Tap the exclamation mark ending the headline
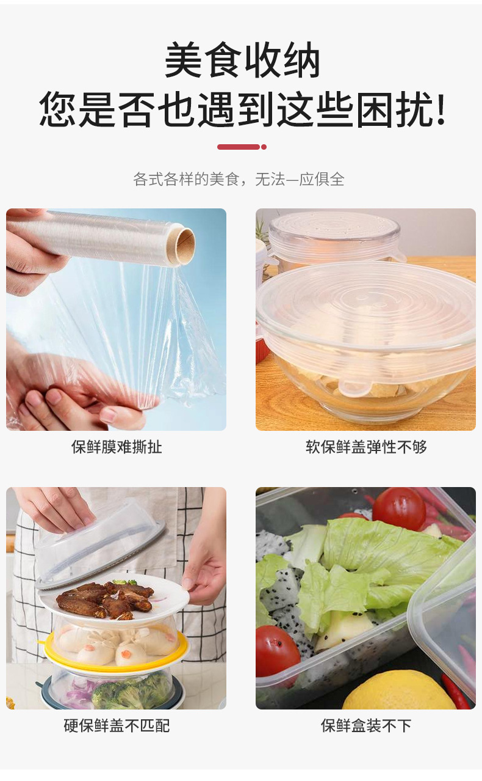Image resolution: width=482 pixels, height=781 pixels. pyautogui.click(x=441, y=109)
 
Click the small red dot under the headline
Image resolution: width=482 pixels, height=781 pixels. pyautogui.click(x=264, y=147)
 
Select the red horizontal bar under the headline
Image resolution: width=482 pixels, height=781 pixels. pyautogui.click(x=239, y=147)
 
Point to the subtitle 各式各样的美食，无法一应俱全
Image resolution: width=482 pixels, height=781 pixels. pyautogui.click(x=239, y=179)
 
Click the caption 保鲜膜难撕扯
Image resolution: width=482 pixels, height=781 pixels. pyautogui.click(x=117, y=447)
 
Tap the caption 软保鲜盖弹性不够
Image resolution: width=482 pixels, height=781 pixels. pyautogui.click(x=366, y=447)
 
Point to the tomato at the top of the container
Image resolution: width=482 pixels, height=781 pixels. pyautogui.click(x=399, y=510)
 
